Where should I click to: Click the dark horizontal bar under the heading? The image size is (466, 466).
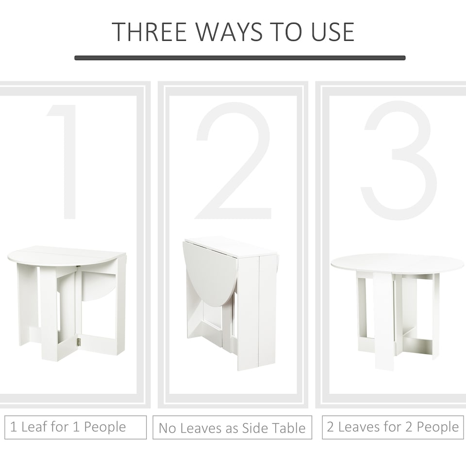[240, 58]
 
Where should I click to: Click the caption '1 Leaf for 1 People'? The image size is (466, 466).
[68, 427]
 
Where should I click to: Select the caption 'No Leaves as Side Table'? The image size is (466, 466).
[232, 428]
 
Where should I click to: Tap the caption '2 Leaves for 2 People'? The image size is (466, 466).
[393, 427]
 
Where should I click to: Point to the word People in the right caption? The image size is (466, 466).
[436, 427]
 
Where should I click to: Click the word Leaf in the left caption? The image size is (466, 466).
[34, 427]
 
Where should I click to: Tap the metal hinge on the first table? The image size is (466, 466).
[77, 342]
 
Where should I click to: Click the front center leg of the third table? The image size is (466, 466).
[383, 320]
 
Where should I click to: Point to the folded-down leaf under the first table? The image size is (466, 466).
[97, 285]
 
